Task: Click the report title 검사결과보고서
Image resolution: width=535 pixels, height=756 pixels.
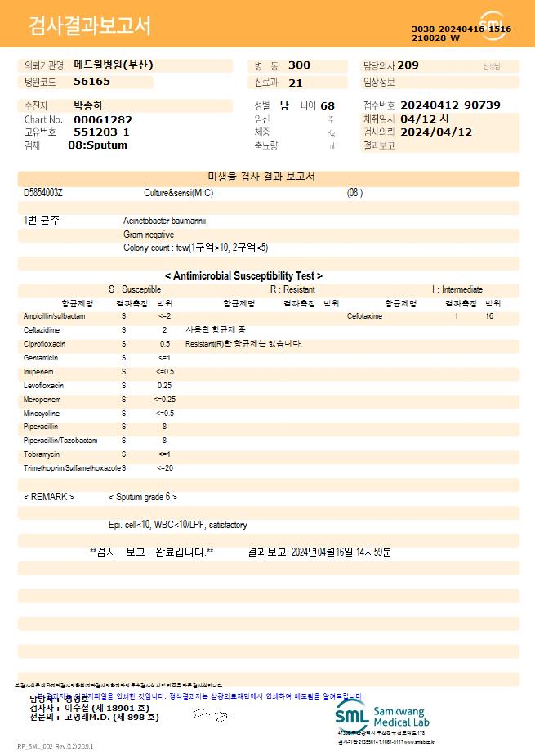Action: coord(90,26)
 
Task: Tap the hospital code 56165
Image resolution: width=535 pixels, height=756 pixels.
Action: coord(91,82)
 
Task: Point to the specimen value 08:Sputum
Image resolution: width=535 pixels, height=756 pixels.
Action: coord(97,145)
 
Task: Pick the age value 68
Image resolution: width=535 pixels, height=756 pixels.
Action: coord(328,105)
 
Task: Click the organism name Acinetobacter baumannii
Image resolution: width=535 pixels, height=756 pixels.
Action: coord(166,221)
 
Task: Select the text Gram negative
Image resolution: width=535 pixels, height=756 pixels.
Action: coord(149,235)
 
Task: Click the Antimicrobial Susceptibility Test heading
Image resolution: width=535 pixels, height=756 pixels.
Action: coord(243,276)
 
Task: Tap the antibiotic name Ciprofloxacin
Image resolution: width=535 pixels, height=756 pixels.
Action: coord(45,344)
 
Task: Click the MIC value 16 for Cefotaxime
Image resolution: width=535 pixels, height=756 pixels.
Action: coord(489,316)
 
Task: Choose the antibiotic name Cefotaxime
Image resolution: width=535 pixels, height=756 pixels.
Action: coord(364,316)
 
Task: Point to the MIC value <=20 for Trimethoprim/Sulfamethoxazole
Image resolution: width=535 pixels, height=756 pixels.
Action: coord(164,468)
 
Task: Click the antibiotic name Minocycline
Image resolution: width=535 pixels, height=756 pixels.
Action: coord(42,414)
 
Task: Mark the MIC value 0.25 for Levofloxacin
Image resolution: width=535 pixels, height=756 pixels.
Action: coord(164,386)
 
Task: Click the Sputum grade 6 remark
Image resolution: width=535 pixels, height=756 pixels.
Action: coord(143,497)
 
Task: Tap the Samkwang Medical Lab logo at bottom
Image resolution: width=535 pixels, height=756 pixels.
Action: coord(381,714)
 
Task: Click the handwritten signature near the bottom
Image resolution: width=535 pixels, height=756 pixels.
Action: coord(209,715)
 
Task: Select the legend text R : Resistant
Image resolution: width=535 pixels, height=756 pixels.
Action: coord(292,289)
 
